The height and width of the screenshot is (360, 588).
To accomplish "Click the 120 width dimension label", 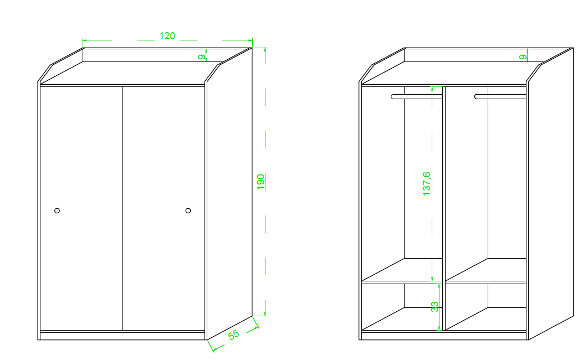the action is (x=167, y=36).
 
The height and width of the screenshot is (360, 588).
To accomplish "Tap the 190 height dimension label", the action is (x=260, y=182).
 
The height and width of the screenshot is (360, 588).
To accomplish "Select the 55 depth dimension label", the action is (x=234, y=335).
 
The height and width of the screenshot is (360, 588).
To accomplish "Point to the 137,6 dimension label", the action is (x=427, y=183).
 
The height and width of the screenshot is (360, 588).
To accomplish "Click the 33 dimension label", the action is (x=434, y=306).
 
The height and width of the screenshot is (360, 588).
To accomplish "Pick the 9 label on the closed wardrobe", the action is (x=202, y=57).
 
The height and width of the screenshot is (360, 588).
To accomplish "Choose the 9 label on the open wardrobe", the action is (x=523, y=57).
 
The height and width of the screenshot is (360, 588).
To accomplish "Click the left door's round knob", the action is (x=57, y=210).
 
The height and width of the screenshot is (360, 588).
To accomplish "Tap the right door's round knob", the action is (x=188, y=210).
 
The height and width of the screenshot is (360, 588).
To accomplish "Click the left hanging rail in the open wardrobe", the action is (x=417, y=97).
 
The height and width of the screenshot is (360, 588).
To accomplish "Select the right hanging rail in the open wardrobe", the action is (x=500, y=97).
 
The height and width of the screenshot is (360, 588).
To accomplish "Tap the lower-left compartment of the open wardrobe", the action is (x=402, y=307).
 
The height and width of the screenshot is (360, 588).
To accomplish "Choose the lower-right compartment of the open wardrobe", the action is (x=485, y=307).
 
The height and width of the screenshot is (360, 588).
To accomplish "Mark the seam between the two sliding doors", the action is (x=122, y=209).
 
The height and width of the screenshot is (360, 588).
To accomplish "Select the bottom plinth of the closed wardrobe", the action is (x=122, y=336).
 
